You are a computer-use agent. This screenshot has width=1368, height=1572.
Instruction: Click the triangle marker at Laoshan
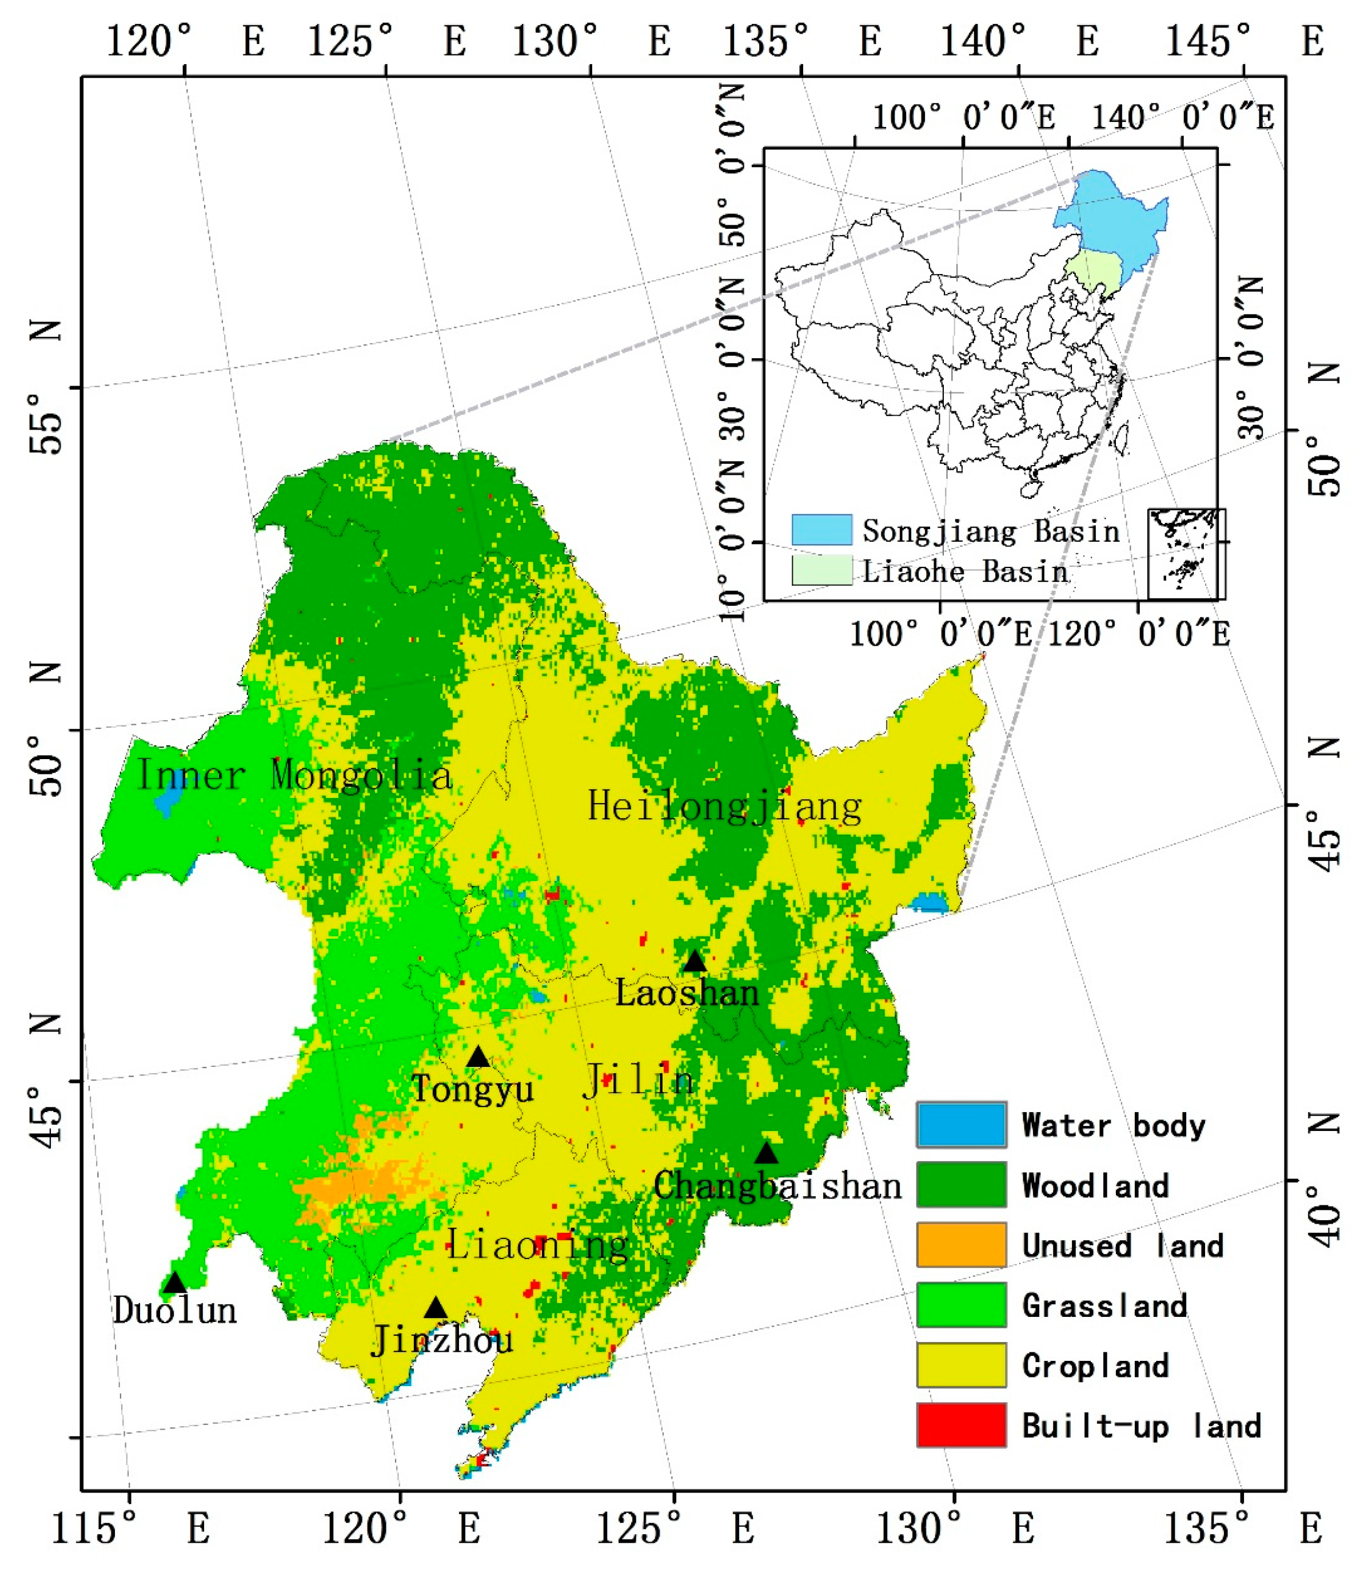click(x=694, y=961)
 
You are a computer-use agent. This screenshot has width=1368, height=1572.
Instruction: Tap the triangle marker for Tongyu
click(x=478, y=1057)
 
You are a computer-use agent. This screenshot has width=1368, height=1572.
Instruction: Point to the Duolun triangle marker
click(x=175, y=1282)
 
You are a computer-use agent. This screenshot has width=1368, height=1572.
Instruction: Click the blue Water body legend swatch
click(x=961, y=1125)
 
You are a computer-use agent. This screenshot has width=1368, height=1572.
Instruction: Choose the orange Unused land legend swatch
click(x=961, y=1245)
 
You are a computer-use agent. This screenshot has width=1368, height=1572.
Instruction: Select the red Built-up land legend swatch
click(x=961, y=1426)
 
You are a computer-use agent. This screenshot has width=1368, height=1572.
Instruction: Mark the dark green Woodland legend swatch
click(x=961, y=1185)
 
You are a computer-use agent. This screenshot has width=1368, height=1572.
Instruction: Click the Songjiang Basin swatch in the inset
click(x=821, y=529)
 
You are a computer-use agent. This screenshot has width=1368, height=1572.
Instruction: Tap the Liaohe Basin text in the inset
click(x=965, y=571)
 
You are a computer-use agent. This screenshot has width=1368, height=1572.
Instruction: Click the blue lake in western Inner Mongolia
click(x=167, y=798)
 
